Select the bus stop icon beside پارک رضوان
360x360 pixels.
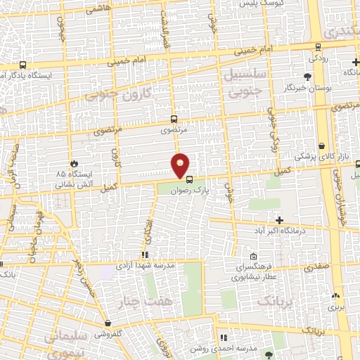pos(188,178)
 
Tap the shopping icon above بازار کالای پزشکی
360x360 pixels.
pos(322,147)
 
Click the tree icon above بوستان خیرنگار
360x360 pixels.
pos(307,76)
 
